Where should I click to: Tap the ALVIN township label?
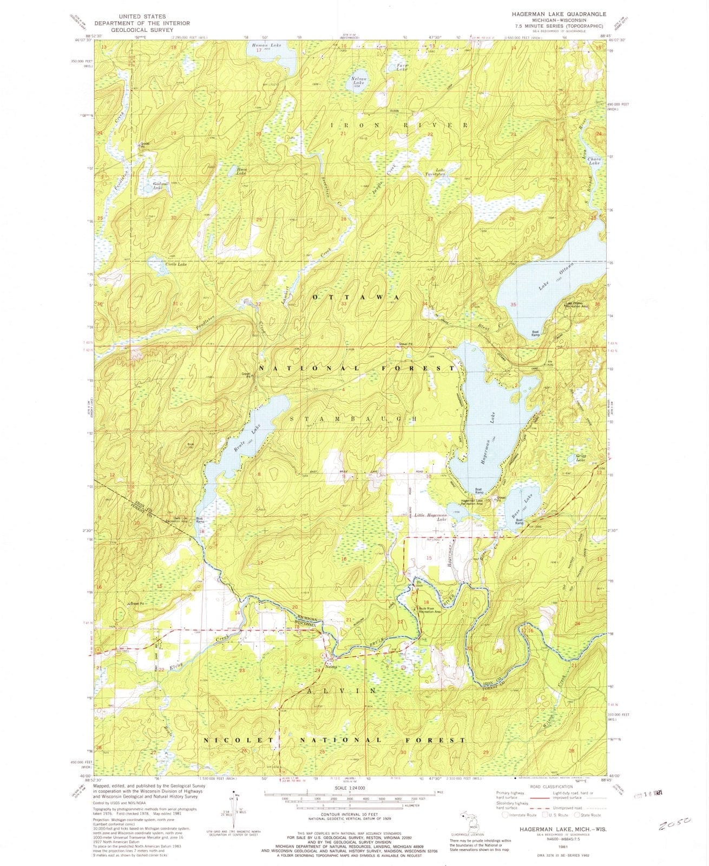(337, 691)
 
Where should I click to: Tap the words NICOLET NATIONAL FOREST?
(334, 739)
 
